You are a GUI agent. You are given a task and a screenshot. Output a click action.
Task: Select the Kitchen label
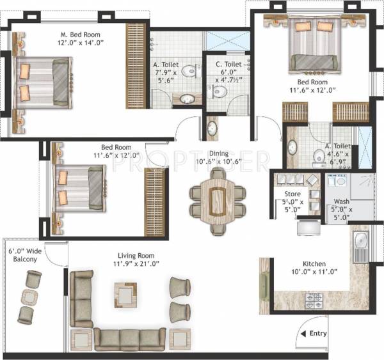click(x=314, y=263)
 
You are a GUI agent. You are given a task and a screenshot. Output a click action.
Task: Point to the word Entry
click(x=318, y=333)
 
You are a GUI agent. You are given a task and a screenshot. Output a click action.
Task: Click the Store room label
click(x=292, y=194)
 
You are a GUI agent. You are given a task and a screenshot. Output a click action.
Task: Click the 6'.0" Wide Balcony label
click(x=24, y=254)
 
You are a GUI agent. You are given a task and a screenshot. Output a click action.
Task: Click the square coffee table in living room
click(x=125, y=294)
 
